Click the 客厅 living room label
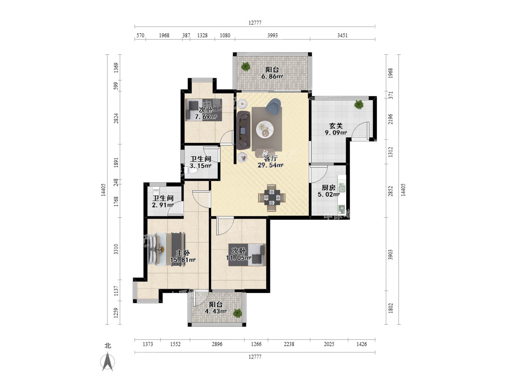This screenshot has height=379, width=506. pos(270,158)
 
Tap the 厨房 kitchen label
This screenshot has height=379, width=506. pos(328,187)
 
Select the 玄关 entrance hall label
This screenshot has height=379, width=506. pos(336,126)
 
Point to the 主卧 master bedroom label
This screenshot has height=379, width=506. pos(183,253)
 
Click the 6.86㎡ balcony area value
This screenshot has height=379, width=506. pos(272,76)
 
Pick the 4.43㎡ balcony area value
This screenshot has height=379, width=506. pos(216,311)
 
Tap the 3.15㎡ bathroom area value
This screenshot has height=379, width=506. pos(200,165)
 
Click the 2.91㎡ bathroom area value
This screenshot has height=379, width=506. pos(163,205)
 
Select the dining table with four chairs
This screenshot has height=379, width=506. pos(272,198)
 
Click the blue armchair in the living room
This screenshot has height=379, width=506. pos(273,106)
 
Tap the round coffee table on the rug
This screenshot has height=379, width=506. pos(265,130)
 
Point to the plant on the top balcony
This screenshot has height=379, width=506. pos(246,67)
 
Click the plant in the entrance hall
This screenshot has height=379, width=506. pos(359,105)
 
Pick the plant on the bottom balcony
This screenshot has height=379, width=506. pos(237,313)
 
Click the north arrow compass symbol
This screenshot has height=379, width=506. pos(108,362)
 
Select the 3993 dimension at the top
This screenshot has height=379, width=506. pos(272,35)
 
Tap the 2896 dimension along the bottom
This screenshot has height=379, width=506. pos(217,344)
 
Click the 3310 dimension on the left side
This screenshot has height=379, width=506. pos(116,249)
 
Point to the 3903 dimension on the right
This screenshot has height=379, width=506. pos(390,254)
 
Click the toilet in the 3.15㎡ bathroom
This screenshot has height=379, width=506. pos(192,171)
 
